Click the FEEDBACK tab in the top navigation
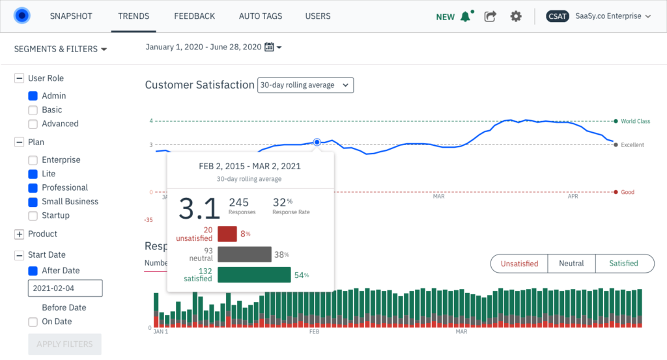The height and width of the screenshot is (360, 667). (x=194, y=16)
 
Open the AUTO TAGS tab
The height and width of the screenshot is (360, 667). (x=260, y=16)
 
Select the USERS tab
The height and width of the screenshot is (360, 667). (x=318, y=16)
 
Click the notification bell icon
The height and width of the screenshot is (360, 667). (x=465, y=17)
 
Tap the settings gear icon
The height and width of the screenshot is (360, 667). (x=516, y=16)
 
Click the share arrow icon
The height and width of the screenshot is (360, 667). (x=490, y=16)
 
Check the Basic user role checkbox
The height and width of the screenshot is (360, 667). (x=33, y=110)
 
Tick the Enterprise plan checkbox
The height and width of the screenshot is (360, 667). (x=33, y=160)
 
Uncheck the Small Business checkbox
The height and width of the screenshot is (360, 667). (x=33, y=202)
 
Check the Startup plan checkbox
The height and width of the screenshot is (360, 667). (x=33, y=215)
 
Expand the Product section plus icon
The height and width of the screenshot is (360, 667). (x=19, y=234)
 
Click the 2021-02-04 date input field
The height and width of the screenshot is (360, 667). (x=65, y=288)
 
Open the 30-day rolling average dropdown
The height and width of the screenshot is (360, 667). (x=305, y=85)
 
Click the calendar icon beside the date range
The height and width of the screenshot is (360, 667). (x=269, y=48)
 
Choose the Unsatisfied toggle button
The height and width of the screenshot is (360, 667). (x=519, y=264)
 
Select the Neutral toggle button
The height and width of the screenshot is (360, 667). (x=571, y=264)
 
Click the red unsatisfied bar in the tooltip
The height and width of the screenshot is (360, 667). (x=227, y=234)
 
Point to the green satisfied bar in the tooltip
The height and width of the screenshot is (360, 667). (x=254, y=275)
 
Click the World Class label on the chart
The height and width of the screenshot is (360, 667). (x=635, y=121)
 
